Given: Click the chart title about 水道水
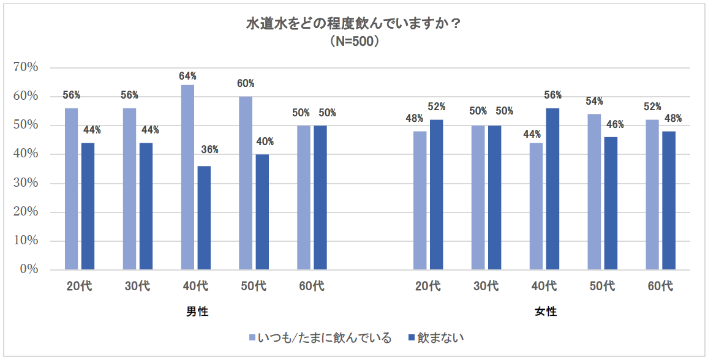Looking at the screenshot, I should point(353,25).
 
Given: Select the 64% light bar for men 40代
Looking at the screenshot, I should point(187,177).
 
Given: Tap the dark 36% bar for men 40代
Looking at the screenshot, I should point(204,217).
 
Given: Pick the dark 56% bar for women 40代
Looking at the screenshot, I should point(552,189).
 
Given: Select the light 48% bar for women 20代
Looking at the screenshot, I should point(420,200).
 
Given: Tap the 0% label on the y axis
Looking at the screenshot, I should point(29,269).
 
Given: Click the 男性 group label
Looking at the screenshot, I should point(197,312).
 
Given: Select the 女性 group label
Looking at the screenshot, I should point(546,312).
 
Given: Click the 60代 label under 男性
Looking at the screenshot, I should point(312,286).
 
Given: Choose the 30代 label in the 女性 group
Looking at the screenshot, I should point(486,286).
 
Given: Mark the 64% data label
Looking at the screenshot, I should point(187,77).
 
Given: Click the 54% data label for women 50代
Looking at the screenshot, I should point(594,101).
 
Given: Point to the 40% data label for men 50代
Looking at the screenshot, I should point(265,142).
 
